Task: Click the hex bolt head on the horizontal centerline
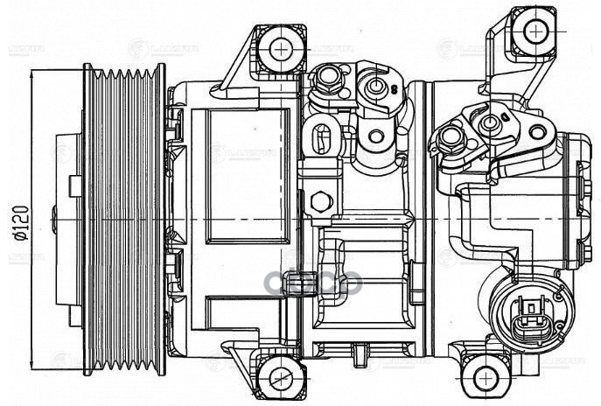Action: (321, 200)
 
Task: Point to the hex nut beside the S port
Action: (329, 80)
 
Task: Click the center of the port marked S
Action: (376, 87)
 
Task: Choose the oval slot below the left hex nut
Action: (319, 136)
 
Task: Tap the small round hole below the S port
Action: (377, 136)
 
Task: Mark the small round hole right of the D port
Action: (537, 132)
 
